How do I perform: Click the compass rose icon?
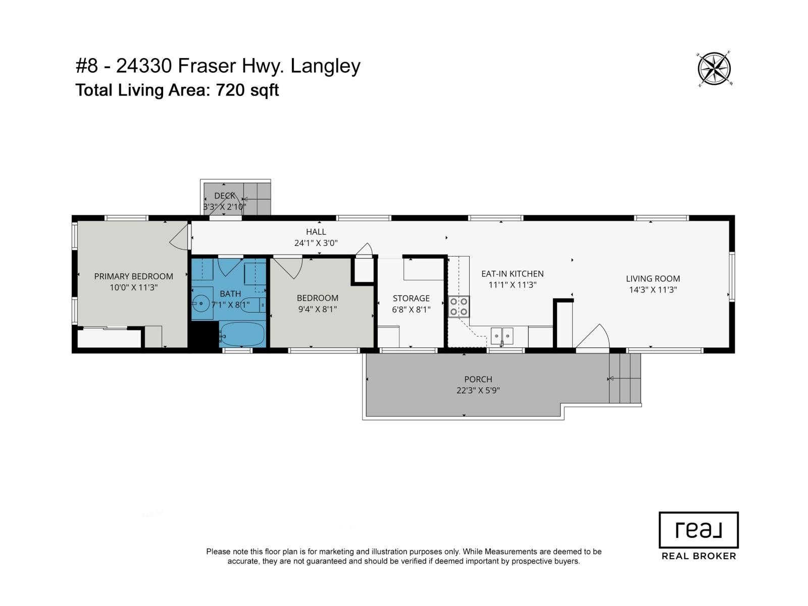715,68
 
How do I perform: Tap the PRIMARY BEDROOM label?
133,276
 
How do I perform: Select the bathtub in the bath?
243,334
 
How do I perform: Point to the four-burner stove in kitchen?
459,307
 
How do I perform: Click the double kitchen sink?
502,335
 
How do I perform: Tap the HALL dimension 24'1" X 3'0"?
316,243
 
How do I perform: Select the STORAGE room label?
411,298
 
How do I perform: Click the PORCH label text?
478,379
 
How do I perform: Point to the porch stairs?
625,378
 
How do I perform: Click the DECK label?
225,196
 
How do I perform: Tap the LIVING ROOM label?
652,278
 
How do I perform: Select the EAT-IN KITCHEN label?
512,274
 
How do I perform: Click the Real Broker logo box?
698,530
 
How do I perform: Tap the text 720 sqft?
247,90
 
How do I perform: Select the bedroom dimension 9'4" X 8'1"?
317,309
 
